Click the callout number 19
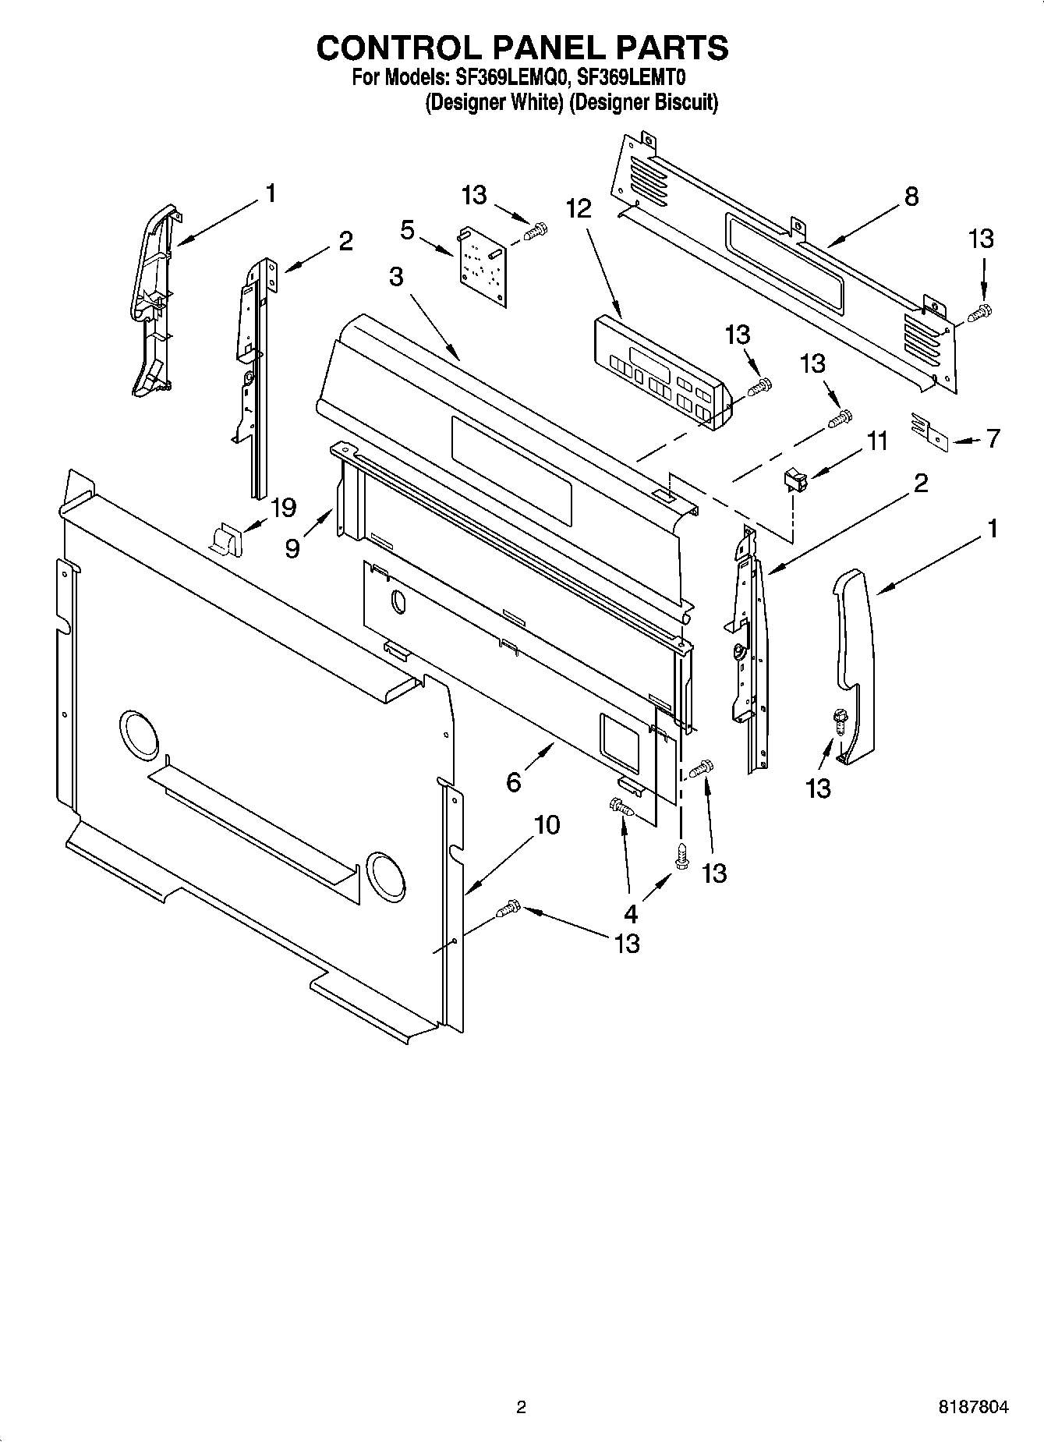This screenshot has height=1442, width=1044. [x=282, y=508]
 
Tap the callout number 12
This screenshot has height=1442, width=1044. [x=579, y=208]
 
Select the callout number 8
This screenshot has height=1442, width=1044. [x=911, y=196]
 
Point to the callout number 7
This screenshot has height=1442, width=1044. [x=993, y=439]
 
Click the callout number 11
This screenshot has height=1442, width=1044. [x=877, y=441]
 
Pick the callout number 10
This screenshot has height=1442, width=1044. [x=547, y=824]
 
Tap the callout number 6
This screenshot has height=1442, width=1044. [x=513, y=781]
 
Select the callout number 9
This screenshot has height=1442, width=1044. [x=292, y=549]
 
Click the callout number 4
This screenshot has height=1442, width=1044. [x=630, y=912]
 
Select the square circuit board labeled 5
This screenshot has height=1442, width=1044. [x=483, y=267]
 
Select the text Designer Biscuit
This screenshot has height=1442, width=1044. [x=643, y=102]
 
